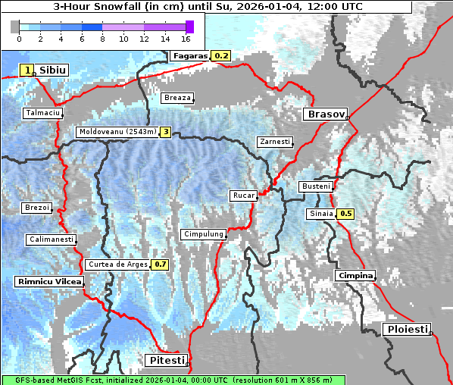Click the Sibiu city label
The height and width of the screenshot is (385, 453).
click(x=52, y=70)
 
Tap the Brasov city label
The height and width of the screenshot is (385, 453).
click(x=325, y=114)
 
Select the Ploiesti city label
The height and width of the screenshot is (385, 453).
click(x=408, y=329)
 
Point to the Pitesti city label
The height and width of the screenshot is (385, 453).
click(x=164, y=359)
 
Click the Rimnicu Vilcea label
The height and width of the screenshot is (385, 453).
click(x=48, y=282)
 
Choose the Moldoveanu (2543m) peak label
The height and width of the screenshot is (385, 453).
click(x=117, y=132)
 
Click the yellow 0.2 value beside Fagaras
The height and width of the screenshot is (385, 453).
click(x=222, y=55)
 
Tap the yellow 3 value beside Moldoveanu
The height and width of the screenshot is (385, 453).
click(x=165, y=132)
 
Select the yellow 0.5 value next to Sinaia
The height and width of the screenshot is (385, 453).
click(x=345, y=214)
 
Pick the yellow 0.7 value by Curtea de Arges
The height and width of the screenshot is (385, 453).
click(x=160, y=264)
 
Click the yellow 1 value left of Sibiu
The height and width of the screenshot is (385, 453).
click(x=27, y=70)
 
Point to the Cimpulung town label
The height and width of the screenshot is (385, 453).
click(x=203, y=234)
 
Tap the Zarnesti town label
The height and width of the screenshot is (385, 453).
click(x=274, y=142)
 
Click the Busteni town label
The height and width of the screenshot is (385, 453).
click(x=315, y=186)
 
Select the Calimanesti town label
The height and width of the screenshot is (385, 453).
click(x=51, y=239)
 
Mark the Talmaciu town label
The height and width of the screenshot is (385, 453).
click(x=42, y=113)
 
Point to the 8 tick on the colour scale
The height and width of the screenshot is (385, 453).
click(x=102, y=38)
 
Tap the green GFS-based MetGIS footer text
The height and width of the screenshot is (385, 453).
click(x=173, y=380)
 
